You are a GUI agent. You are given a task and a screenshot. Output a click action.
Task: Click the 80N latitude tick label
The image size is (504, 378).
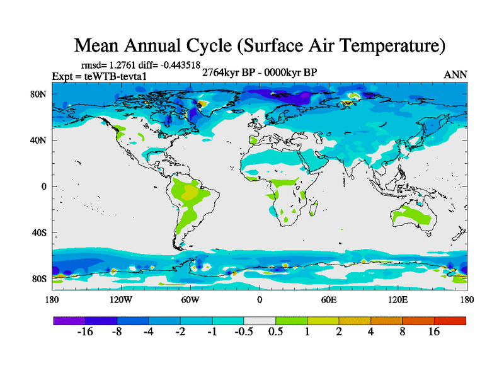pos(40,94)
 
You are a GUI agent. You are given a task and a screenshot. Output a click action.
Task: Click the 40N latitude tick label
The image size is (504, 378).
pos(40,140)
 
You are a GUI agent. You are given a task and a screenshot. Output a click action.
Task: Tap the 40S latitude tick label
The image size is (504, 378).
pos(40,232)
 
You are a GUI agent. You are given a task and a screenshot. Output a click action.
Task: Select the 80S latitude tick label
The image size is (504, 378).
pos(40,278)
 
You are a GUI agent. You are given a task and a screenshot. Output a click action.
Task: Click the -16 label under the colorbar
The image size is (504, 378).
pos(84,333)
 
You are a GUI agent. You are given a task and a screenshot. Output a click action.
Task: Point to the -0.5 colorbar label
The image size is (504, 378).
pos(243,333)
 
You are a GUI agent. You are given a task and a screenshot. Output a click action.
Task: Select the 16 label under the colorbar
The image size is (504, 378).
pos(434,333)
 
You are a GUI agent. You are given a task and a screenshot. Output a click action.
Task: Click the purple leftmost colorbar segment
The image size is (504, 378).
pos(69,321)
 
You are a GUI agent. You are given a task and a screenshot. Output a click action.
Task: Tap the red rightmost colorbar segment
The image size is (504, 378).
pos(450,321)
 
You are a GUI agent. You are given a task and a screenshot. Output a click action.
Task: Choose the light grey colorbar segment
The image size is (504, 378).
pos(259,321)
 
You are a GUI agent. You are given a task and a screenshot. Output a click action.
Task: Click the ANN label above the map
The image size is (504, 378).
pos(455,74)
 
